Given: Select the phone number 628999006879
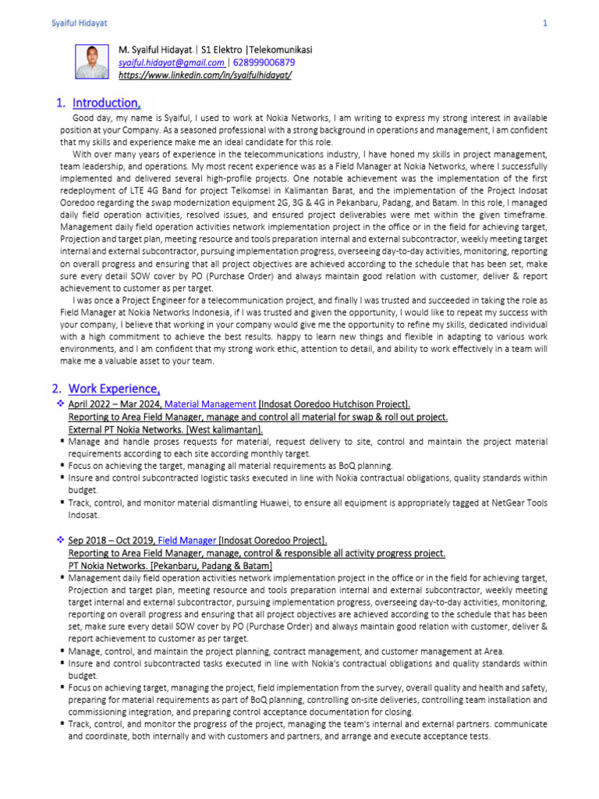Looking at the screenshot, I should tap(264, 62).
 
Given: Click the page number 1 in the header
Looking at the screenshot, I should tap(545, 24).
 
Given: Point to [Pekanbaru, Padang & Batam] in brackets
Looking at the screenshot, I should tap(212, 565).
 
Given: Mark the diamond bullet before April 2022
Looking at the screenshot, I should tap(60, 404).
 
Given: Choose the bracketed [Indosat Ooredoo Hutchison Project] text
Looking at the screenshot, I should tap(335, 404).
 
